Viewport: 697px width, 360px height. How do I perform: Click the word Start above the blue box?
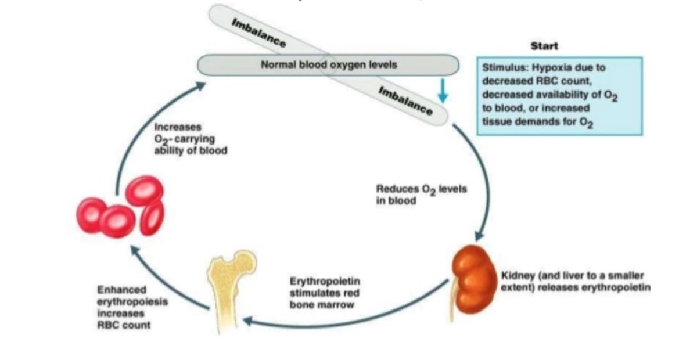(x=544, y=45)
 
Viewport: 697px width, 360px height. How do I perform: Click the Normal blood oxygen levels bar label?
(x=329, y=64)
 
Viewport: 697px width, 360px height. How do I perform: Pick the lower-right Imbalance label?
(x=405, y=100)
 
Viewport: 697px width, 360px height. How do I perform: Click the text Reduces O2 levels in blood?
(x=421, y=195)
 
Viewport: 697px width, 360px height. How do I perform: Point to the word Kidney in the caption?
(x=516, y=276)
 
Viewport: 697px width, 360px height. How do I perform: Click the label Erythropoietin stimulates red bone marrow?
(x=321, y=293)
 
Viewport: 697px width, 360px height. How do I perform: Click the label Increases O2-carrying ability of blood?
(x=190, y=139)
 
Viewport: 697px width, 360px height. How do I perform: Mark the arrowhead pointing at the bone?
(x=247, y=321)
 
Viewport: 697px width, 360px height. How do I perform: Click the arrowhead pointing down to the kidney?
(x=479, y=236)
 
